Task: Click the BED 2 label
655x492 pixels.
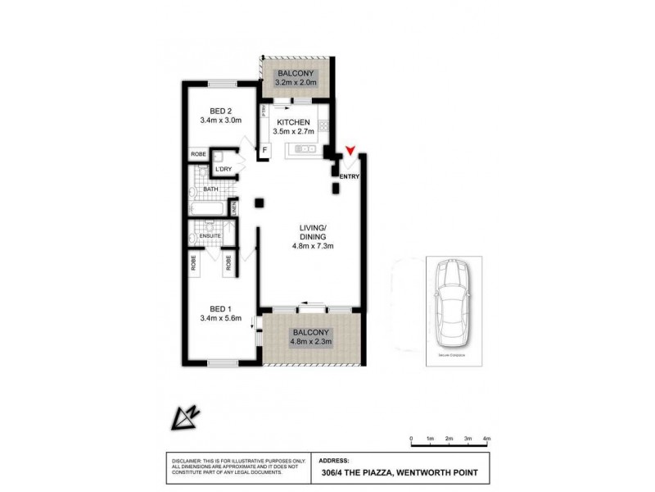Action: pos(217,112)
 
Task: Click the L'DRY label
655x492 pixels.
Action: pos(223,170)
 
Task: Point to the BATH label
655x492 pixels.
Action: pos(211,189)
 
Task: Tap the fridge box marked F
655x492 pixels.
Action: pos(264,150)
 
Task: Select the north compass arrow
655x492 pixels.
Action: pos(185,419)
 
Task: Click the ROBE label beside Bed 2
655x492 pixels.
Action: pos(198,153)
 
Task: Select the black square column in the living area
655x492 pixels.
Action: pos(259,203)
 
